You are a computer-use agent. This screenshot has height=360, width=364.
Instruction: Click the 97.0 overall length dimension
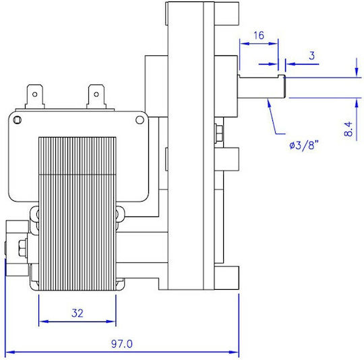pos(121,344)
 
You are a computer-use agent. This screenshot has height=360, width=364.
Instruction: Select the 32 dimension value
pos(78,313)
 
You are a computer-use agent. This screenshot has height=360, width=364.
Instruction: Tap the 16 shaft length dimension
pos(259,36)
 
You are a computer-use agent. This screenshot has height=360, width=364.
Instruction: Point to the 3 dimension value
pos(312,56)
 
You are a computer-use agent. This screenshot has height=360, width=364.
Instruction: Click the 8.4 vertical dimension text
pos(348,129)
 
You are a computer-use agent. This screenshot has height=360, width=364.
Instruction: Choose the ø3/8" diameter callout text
pos(303,146)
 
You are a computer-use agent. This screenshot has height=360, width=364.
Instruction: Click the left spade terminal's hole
pos(35,94)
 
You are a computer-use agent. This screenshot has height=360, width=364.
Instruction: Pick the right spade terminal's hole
pos(96,94)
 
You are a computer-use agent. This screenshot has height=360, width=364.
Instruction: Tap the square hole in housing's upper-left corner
pos(18,120)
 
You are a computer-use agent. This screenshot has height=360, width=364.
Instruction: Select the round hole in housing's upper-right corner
pos(140,120)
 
